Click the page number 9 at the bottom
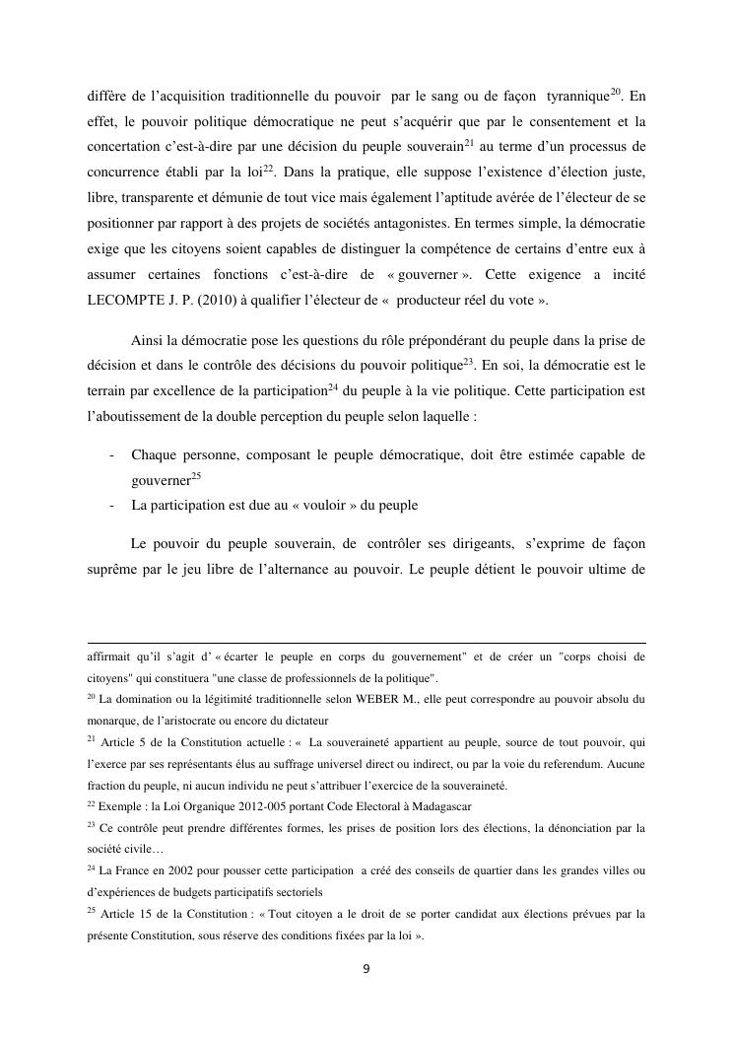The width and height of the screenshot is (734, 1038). pyautogui.click(x=366, y=969)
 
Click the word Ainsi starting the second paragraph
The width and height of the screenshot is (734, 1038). pyautogui.click(x=148, y=342)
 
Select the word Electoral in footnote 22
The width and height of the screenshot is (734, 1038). pyautogui.click(x=356, y=806)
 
